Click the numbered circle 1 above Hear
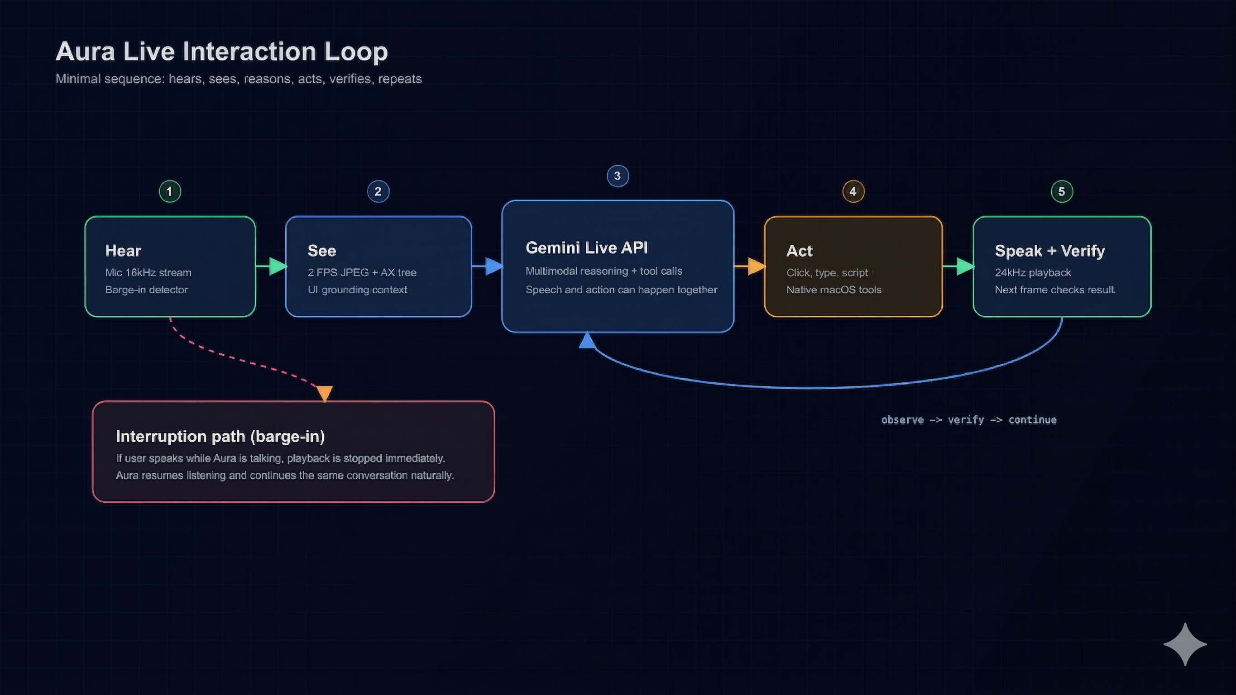click(x=170, y=191)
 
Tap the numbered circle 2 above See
click(x=378, y=191)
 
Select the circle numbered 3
click(x=618, y=176)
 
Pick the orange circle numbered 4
click(x=853, y=191)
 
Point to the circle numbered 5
click(x=1062, y=191)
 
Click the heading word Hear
click(x=123, y=251)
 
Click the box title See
click(x=322, y=251)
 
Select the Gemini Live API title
click(x=587, y=248)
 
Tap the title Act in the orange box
click(x=800, y=251)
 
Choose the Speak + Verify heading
click(x=1050, y=251)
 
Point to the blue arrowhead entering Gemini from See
click(x=494, y=266)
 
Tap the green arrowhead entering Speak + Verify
click(x=965, y=266)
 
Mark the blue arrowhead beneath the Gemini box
click(x=587, y=341)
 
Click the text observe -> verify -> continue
click(x=969, y=420)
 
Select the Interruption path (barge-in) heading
click(x=220, y=437)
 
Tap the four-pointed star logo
click(x=1185, y=644)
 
